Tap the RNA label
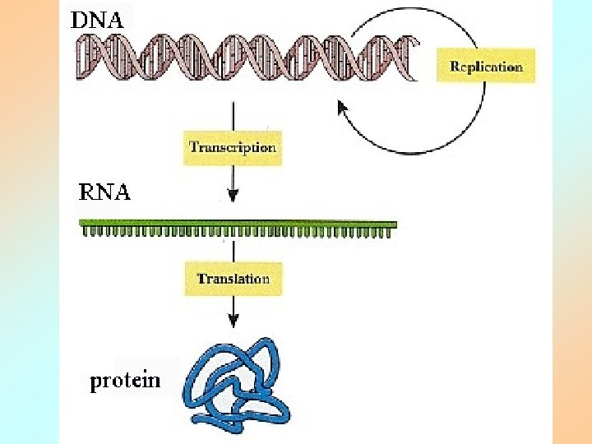(104, 193)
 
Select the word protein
(125, 381)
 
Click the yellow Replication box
(486, 67)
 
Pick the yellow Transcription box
(233, 148)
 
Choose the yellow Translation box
(233, 279)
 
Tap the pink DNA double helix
(247, 57)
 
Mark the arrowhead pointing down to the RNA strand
(234, 196)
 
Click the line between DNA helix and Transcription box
(234, 115)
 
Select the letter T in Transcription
(194, 148)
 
